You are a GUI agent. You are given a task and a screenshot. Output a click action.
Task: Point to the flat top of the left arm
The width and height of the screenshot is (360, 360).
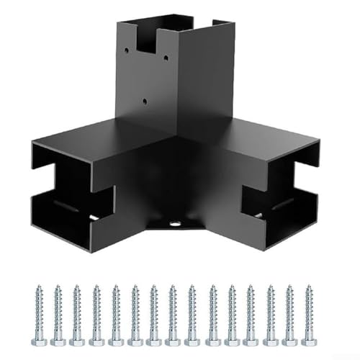coord(94,137)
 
